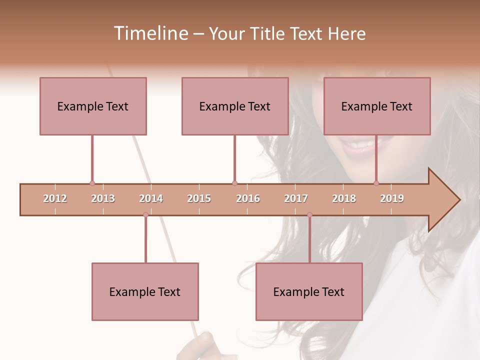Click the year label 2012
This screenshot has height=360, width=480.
pyautogui.click(x=55, y=199)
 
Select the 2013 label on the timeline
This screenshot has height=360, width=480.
pyautogui.click(x=103, y=199)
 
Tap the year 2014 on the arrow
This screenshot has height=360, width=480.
pyautogui.click(x=151, y=199)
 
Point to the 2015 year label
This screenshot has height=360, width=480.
pyautogui.click(x=199, y=199)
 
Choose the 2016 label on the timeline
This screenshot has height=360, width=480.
pyautogui.click(x=248, y=199)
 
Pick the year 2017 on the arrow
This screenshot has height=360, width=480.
pyautogui.click(x=296, y=199)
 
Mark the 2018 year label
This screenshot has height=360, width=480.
pyautogui.click(x=344, y=199)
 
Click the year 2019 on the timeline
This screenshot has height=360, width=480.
pyautogui.click(x=392, y=199)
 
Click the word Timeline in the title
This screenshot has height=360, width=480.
pyautogui.click(x=150, y=33)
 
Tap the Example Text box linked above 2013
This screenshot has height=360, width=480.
pyautogui.click(x=93, y=106)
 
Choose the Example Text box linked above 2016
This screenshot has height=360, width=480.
pyautogui.click(x=235, y=106)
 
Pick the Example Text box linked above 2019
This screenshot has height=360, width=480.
pyautogui.click(x=377, y=106)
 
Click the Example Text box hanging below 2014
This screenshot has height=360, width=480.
pyautogui.click(x=145, y=292)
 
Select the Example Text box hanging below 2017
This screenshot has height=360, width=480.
pyautogui.click(x=309, y=292)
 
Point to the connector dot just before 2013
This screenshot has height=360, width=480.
pyautogui.click(x=92, y=183)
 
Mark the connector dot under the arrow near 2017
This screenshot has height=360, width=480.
pyautogui.click(x=309, y=215)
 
